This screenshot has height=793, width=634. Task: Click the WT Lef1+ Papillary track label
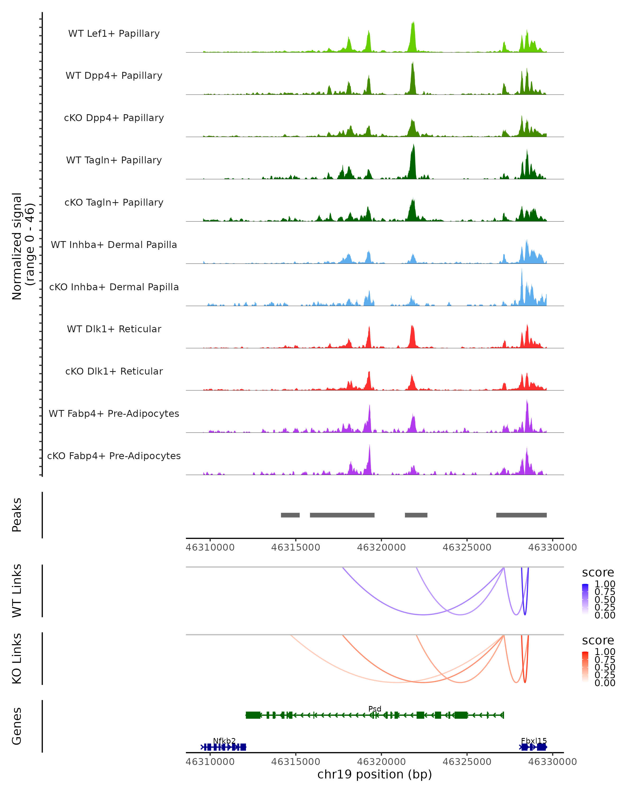(114, 34)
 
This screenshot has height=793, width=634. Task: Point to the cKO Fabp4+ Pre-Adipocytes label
(114, 456)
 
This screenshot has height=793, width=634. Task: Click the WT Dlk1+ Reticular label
(114, 329)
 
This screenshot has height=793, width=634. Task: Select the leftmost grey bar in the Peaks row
(290, 515)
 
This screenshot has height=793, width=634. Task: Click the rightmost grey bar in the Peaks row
(521, 515)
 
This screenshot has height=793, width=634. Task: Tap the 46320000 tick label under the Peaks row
(381, 547)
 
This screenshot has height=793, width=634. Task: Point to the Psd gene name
(375, 709)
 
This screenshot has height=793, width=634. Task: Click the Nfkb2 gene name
(224, 741)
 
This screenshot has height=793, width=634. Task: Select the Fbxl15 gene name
(534, 741)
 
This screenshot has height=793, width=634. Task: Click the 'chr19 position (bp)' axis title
(375, 774)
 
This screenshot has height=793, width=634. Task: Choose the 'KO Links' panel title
(17, 658)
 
